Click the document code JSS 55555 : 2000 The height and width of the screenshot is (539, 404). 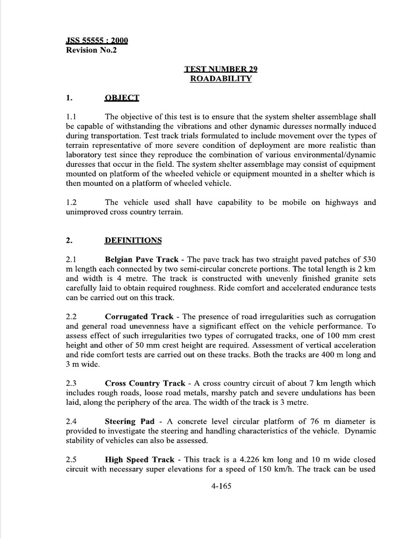click(x=97, y=41)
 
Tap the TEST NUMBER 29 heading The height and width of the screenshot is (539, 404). click(x=221, y=69)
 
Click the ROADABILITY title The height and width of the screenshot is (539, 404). click(x=221, y=79)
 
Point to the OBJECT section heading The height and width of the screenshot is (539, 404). click(x=122, y=97)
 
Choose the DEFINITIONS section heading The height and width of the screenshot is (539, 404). click(x=134, y=241)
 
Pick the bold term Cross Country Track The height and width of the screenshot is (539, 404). click(x=145, y=383)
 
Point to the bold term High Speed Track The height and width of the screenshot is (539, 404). click(x=139, y=460)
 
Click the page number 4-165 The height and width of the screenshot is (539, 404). click(x=220, y=486)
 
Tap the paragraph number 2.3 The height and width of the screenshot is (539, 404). click(x=72, y=383)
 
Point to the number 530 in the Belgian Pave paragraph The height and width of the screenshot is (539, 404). click(x=368, y=259)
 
